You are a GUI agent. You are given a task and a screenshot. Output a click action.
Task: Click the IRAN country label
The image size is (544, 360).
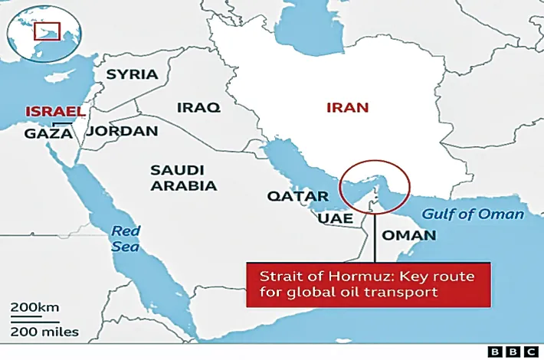click(348, 107)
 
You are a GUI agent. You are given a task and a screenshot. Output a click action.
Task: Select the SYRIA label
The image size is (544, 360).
click(132, 74)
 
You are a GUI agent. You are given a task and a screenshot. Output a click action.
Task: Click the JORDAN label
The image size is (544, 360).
click(123, 131)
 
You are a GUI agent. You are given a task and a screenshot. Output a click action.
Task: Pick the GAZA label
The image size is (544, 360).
click(48, 133)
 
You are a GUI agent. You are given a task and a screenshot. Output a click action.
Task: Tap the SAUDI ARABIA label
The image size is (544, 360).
click(183, 177)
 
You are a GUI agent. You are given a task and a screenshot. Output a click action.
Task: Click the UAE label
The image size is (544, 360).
click(336, 218)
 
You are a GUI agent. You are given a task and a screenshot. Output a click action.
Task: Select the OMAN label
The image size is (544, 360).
click(408, 234)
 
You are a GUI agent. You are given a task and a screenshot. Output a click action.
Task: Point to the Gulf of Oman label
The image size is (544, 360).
click(474, 214)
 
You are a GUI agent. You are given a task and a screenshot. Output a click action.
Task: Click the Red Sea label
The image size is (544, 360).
click(126, 238)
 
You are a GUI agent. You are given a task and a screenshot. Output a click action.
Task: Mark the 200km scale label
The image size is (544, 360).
click(34, 307)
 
